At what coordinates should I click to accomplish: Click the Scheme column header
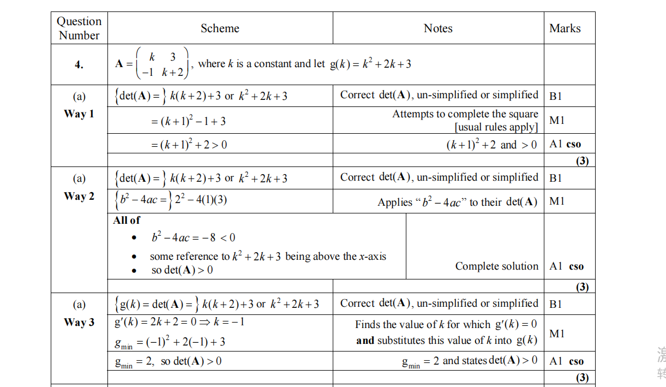pyautogui.click(x=220, y=28)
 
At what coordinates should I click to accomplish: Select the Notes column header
pyautogui.click(x=438, y=28)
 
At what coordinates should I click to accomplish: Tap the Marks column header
pyautogui.click(x=565, y=28)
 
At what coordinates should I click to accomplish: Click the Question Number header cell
pyautogui.click(x=79, y=28)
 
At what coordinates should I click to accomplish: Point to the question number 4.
pyautogui.click(x=79, y=65)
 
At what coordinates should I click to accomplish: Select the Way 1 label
pyautogui.click(x=79, y=114)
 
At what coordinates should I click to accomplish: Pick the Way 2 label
pyautogui.click(x=79, y=197)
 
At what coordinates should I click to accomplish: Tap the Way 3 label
pyautogui.click(x=79, y=323)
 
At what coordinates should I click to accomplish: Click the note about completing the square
pyautogui.click(x=465, y=120)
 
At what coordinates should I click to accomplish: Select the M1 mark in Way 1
pyautogui.click(x=557, y=120)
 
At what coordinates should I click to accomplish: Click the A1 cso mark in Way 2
pyautogui.click(x=566, y=266)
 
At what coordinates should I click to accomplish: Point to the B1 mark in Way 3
pyautogui.click(x=556, y=304)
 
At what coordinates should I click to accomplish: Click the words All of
pyautogui.click(x=127, y=221)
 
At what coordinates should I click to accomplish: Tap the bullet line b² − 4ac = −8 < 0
pyautogui.click(x=193, y=237)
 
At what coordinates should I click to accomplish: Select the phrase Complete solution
pyautogui.click(x=496, y=266)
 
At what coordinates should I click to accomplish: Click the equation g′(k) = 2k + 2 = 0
pyautogui.click(x=179, y=322)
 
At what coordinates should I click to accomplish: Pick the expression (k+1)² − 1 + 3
pyautogui.click(x=188, y=121)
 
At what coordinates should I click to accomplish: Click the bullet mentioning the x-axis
pyautogui.click(x=268, y=256)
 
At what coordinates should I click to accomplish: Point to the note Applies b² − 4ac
pyautogui.click(x=457, y=202)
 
